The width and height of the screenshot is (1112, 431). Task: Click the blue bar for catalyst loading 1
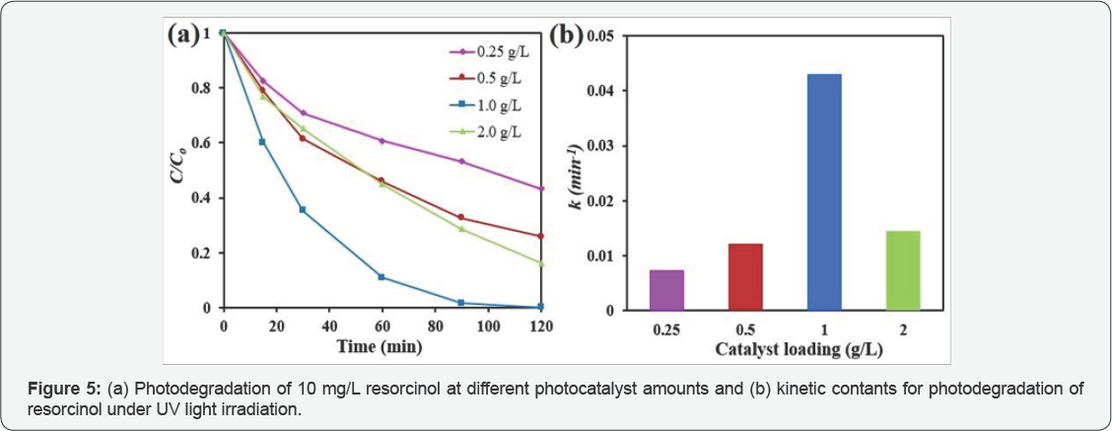(x=824, y=192)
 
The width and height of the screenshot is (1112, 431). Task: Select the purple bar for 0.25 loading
(x=666, y=290)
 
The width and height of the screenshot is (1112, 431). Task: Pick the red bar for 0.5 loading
(x=745, y=277)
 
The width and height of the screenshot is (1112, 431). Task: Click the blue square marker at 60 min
(x=382, y=277)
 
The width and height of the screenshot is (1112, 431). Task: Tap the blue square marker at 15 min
(x=262, y=142)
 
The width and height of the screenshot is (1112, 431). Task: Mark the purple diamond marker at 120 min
(x=541, y=188)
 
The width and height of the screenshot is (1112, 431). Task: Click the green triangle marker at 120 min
(x=541, y=263)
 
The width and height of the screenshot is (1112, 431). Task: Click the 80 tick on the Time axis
(x=435, y=324)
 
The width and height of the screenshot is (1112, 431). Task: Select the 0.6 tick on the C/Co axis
(x=204, y=143)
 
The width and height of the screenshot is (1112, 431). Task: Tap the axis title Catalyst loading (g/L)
(x=785, y=349)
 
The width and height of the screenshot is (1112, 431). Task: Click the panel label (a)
(x=185, y=35)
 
